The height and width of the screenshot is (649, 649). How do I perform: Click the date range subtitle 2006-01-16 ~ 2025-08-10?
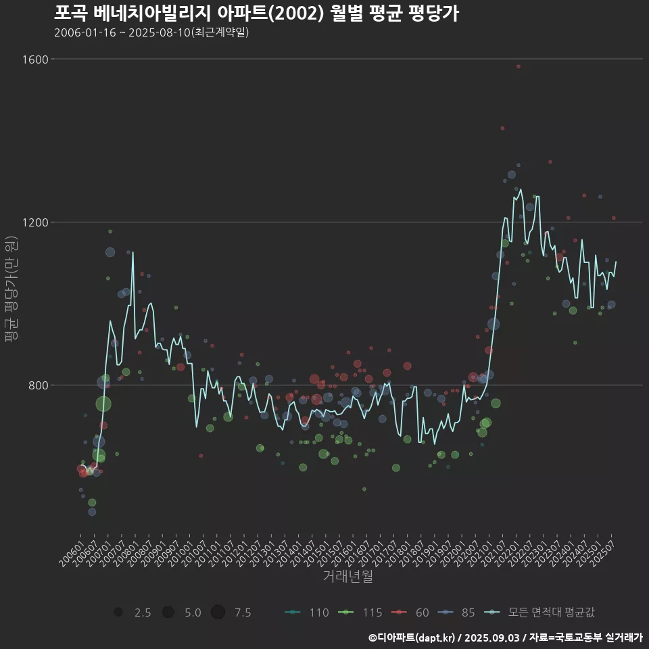(151, 32)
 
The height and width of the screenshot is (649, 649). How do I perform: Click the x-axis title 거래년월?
(347, 577)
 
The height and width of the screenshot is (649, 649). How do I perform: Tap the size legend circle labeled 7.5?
(218, 612)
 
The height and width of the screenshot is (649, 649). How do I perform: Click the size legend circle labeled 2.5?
(118, 612)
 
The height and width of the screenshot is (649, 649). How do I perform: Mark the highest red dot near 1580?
(519, 66)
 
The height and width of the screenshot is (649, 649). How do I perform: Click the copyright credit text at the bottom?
(505, 638)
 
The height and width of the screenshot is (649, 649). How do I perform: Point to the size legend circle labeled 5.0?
(168, 612)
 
